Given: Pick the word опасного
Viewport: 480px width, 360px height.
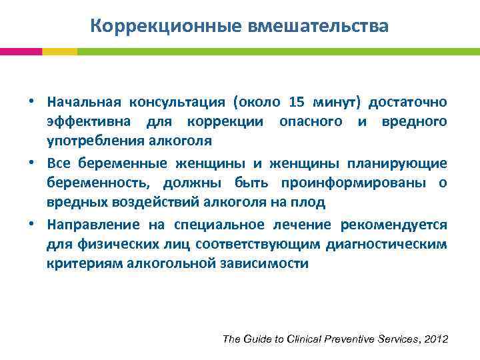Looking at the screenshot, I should [310, 121].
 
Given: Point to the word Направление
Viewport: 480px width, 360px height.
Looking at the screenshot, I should [94, 225].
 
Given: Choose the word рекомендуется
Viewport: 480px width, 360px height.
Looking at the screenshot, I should [394, 225].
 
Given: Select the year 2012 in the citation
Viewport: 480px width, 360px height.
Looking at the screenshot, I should [435, 339].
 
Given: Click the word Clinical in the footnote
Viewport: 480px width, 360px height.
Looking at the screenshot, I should [299, 339].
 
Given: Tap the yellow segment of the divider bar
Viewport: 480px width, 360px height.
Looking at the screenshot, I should [59, 51].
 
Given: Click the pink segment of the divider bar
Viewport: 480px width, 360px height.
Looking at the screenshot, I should [21, 51].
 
